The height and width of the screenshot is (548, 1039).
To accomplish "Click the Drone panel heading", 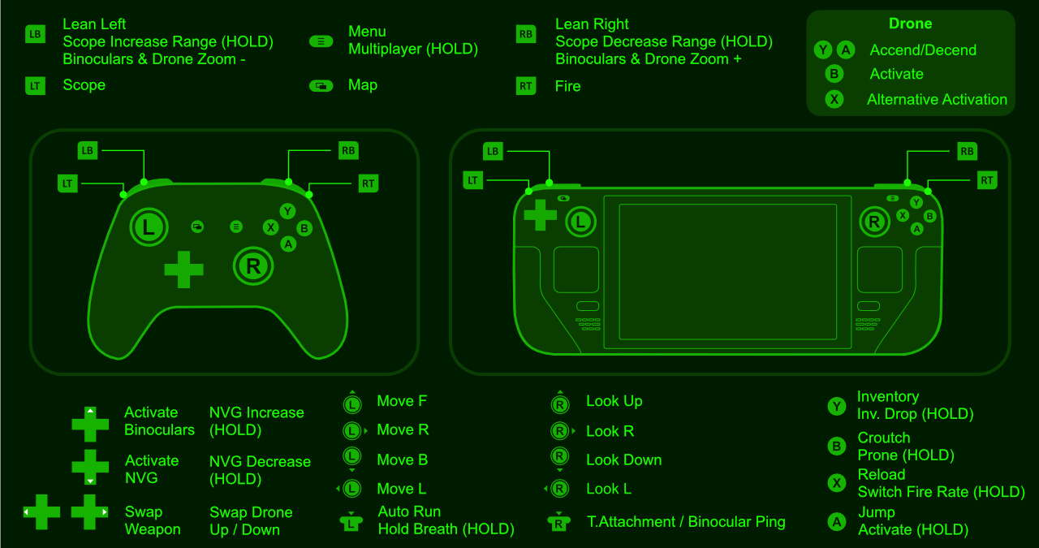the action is coord(910,24).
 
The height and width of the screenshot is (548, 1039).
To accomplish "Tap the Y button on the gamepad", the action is coord(287,211).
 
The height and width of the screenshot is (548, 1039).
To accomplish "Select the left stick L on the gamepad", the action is coord(149,227).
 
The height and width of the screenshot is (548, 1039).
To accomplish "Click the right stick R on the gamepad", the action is coord(253,265).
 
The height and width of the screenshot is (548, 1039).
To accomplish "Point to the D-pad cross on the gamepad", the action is coord(183,270).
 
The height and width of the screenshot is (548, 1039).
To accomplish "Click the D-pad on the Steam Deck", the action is coord(540,215).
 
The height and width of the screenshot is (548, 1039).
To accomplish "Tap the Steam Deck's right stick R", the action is coord(874,222).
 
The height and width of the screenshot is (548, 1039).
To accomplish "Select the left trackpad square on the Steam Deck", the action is coord(576,270).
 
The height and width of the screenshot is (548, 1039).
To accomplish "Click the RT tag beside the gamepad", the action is coord(369,183).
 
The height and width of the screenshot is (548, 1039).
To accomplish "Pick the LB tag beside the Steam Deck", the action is coord(493,151).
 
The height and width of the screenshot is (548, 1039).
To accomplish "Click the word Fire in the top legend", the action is coord(567,86).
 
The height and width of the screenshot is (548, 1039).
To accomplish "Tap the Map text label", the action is coord(363,85).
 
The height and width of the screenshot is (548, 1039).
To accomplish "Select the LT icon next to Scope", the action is coord(35,86).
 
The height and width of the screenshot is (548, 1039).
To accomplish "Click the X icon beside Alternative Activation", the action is coord(834,99).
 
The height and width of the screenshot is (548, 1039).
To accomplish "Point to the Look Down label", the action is coord(624,460).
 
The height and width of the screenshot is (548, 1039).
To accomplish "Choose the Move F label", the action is coord(402,401).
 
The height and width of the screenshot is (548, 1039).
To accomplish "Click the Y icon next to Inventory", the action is coord(837,407).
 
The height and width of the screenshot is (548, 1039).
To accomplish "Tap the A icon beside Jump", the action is coord(837,522).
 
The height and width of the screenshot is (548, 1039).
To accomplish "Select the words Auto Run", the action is coord(409,511).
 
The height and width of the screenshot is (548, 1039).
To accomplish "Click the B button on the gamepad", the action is coord(304,228).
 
